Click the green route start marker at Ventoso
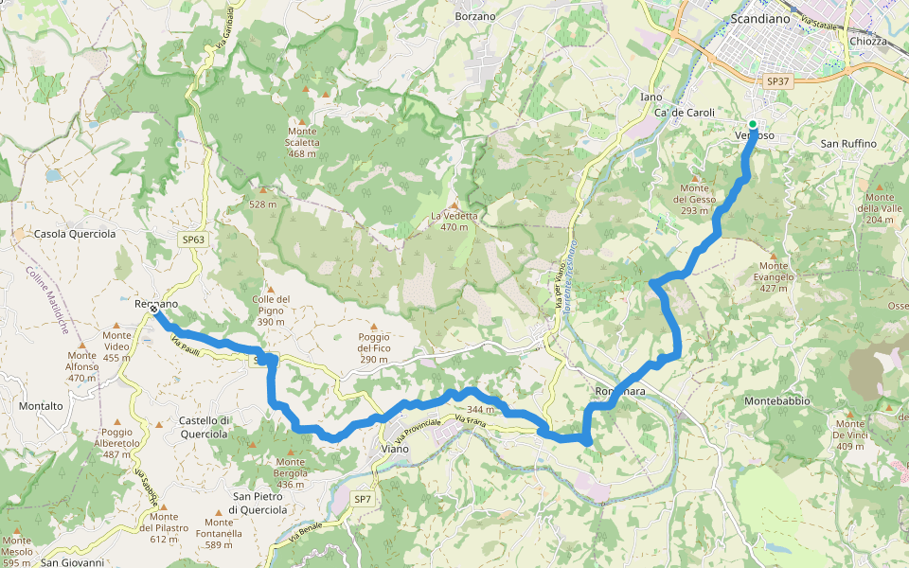(753, 124)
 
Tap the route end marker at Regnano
(153, 309)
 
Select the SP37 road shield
(777, 82)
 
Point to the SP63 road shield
(193, 240)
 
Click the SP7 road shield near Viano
(363, 499)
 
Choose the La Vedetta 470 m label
(454, 221)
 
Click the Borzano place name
(475, 16)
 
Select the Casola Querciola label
(75, 234)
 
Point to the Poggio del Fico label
(373, 348)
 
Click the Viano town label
(394, 449)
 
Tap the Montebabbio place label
(777, 401)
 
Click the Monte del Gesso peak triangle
(695, 177)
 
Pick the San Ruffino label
(848, 144)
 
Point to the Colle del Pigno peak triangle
(270, 289)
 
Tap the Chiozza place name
(868, 42)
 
